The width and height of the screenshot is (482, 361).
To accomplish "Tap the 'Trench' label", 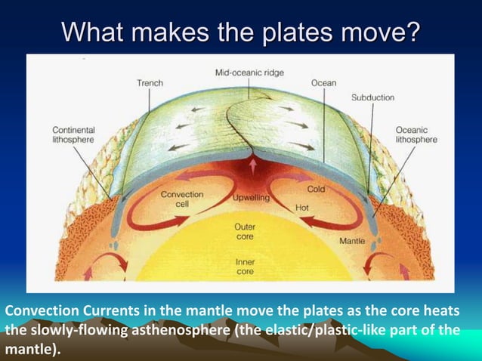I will pos(150,82).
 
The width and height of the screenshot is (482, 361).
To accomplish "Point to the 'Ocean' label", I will pos(324,82).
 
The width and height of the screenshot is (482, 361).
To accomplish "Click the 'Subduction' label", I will pos(372,98).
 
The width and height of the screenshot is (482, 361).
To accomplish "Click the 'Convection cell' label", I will pos(181,199).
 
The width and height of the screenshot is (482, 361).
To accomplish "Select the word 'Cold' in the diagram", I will pos(317,190).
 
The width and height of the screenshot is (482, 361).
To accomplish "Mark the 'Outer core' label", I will pos(246,230).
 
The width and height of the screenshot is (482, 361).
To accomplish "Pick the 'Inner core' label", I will pos(246,267).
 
